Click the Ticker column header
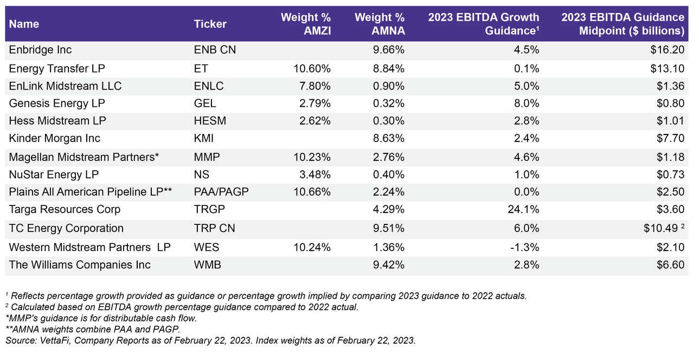pos(210,24)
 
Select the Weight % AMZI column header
pos(305,24)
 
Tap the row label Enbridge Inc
pos(41,50)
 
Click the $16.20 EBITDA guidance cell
pos(668,50)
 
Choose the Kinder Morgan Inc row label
pos(55,139)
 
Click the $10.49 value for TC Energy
pos(659,228)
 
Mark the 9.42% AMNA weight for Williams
pos(388,265)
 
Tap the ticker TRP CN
pos(214,228)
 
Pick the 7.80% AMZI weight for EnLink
pos(316,86)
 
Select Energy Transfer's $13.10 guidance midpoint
pos(668,68)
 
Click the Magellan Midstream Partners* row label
pos(84,157)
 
